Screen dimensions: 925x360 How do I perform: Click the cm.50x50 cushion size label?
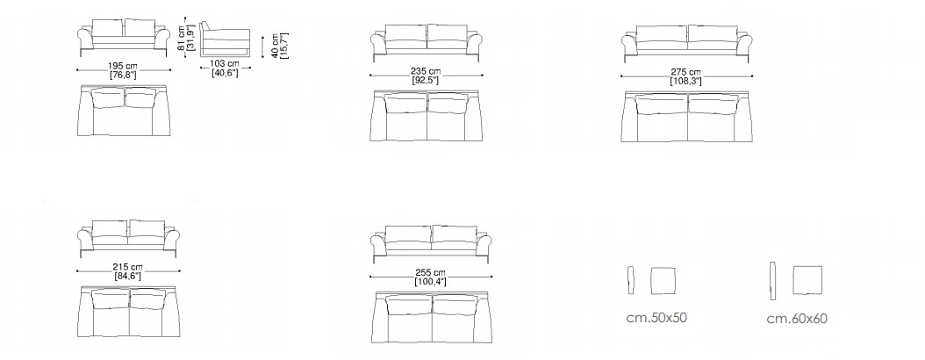(x=656, y=318)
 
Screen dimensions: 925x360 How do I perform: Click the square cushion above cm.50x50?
(x=663, y=280)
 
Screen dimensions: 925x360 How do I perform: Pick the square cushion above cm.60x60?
(x=807, y=280)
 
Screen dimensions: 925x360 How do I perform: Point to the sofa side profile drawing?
(x=224, y=39)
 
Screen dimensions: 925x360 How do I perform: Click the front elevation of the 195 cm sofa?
(x=124, y=38)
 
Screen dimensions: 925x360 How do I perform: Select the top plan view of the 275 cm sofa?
(x=686, y=117)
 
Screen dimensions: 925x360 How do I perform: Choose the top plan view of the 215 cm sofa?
(x=129, y=311)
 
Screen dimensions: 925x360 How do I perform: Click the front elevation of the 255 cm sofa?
(x=431, y=243)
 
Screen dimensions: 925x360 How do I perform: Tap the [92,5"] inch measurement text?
(x=426, y=81)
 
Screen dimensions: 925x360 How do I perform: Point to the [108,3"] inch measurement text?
(x=685, y=82)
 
